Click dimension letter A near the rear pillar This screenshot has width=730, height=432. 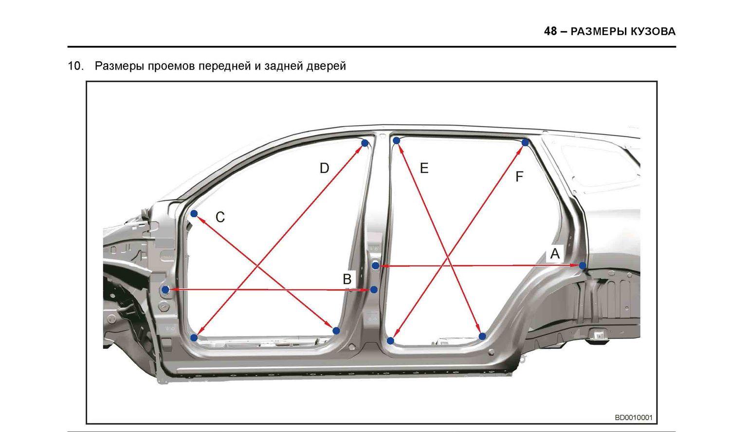tap(555, 253)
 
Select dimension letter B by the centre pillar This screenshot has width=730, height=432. tap(347, 280)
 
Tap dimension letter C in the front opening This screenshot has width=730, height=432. tap(220, 217)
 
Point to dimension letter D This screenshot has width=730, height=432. tap(324, 169)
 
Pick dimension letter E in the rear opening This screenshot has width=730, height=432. tap(424, 168)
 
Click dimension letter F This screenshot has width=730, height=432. tap(519, 177)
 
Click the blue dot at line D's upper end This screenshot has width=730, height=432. tap(365, 143)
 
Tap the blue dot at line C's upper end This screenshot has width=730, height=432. tap(194, 213)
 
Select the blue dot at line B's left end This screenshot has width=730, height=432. tap(165, 289)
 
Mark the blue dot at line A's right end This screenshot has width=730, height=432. tap(583, 265)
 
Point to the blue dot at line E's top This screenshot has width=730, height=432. tap(396, 141)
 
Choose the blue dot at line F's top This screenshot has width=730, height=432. tap(525, 143)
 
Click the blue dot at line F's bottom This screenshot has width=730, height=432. tap(390, 341)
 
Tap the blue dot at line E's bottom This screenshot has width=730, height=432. tap(482, 336)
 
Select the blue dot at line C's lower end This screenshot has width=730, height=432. tap(336, 331)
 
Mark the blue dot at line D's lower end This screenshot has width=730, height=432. tap(194, 338)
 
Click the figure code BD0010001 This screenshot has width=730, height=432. tap(634, 418)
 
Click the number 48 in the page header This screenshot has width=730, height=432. tap(550, 31)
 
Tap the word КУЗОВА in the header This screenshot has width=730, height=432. tap(653, 32)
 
